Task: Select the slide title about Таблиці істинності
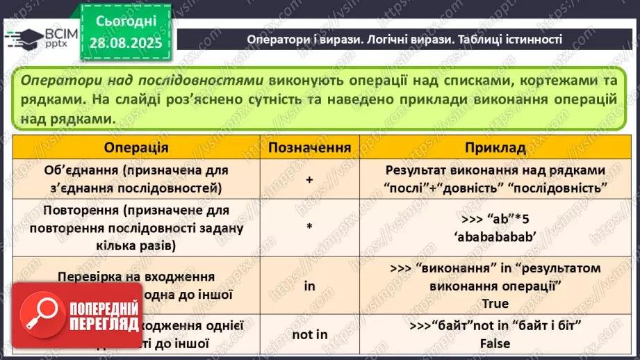coord(404,40)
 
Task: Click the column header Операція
coord(136,148)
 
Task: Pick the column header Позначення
coord(309,148)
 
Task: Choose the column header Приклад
coord(495,148)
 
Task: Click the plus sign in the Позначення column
coord(309,179)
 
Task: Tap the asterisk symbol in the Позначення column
coord(309,227)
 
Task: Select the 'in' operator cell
coord(309,285)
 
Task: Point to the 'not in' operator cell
coord(309,334)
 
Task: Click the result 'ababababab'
coord(495,236)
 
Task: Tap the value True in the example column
coord(495,303)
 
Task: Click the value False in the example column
coord(495,343)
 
